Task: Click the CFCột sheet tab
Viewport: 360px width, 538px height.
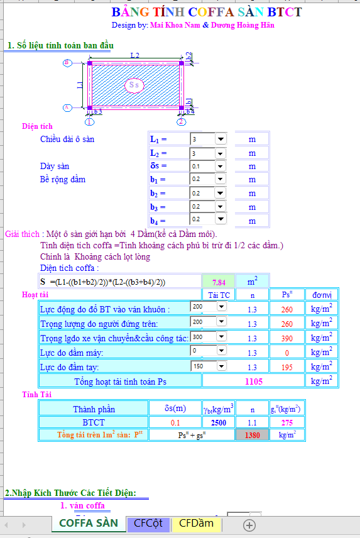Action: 148,523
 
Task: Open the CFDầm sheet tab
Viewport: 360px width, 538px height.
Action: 196,523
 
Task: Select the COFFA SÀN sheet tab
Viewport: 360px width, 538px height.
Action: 89,523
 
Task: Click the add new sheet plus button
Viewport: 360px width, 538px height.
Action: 249,524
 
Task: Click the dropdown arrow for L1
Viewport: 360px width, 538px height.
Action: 221,139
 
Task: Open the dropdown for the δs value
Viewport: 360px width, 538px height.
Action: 221,167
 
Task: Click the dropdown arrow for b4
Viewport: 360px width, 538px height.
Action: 221,219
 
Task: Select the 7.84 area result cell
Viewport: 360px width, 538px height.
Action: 219,282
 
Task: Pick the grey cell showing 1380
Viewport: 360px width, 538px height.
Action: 252,434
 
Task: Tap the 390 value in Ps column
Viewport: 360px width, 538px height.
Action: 286,338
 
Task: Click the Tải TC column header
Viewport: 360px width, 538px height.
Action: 219,294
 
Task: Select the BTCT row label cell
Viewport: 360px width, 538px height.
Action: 94,422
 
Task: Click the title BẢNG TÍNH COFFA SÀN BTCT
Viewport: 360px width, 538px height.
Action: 206,12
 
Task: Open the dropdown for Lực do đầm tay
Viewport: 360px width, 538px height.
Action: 221,365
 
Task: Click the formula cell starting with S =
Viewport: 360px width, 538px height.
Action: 119,282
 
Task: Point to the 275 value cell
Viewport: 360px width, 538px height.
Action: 286,422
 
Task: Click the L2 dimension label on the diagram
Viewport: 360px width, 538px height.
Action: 134,56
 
